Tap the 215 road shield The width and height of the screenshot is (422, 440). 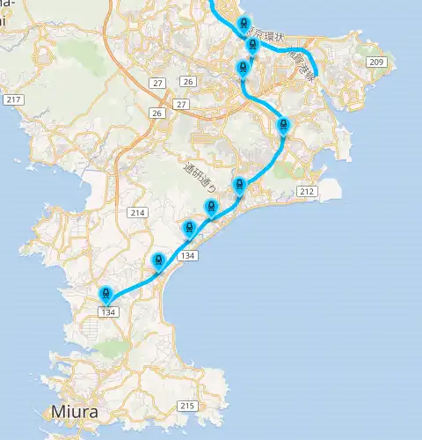186,406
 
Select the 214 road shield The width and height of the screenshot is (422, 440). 137,213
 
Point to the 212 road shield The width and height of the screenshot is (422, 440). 307,191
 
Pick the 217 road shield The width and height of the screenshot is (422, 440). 12,100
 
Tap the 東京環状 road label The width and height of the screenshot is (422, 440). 266,36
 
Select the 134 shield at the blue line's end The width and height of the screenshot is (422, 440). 108,312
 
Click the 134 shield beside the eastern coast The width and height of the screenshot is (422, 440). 186,255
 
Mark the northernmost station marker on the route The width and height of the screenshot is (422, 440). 244,26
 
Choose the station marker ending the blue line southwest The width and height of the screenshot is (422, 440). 106,295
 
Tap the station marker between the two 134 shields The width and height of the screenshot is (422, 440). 158,260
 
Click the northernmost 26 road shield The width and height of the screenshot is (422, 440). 187,82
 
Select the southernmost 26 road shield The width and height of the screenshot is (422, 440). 156,114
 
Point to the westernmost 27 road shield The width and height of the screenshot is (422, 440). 158,83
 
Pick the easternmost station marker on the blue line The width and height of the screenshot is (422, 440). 282,125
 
